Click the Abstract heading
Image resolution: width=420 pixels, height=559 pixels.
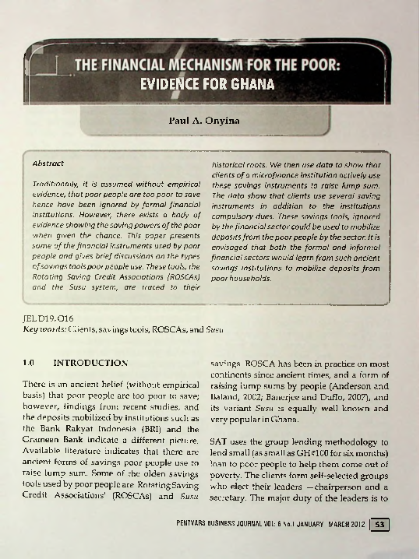tap(48, 164)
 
